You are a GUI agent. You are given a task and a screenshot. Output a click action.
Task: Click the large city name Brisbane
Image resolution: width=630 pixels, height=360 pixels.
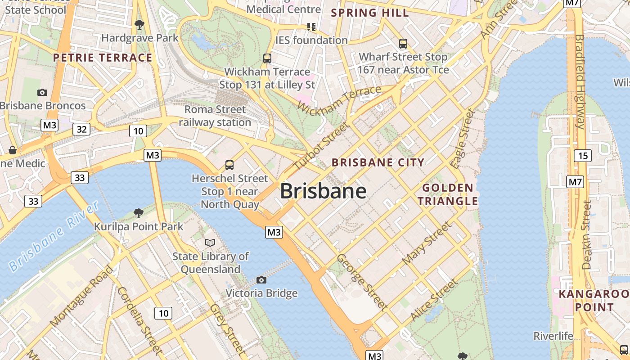(323, 192)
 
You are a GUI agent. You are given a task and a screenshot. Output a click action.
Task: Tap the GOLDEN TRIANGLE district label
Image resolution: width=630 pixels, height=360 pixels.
(448, 194)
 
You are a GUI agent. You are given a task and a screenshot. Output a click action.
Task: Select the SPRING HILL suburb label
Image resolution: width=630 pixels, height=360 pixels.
(370, 13)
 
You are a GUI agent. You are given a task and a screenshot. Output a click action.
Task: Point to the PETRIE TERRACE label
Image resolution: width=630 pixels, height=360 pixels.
(103, 58)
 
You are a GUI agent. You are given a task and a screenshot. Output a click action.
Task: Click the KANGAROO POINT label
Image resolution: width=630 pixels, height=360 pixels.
(593, 301)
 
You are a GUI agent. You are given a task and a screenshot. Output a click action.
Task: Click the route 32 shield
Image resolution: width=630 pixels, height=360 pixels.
(81, 130)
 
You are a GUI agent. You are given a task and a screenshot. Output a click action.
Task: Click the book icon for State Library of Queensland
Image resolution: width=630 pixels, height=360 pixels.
(210, 243)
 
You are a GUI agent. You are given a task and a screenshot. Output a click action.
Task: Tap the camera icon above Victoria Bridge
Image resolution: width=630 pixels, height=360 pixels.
(261, 280)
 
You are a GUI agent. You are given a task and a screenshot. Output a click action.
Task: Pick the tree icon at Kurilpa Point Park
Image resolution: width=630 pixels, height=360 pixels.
(138, 213)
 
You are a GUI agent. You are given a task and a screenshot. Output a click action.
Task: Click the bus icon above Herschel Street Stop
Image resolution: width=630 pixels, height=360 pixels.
(229, 165)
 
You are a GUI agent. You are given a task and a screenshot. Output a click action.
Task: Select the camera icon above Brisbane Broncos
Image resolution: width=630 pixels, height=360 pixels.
(42, 92)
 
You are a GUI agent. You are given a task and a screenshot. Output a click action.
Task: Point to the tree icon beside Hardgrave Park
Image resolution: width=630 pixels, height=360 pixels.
(139, 24)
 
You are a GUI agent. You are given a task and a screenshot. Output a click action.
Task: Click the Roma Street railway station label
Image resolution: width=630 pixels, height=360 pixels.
(215, 116)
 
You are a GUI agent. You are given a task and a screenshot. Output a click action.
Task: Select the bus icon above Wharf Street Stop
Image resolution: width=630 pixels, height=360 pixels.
(403, 44)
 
